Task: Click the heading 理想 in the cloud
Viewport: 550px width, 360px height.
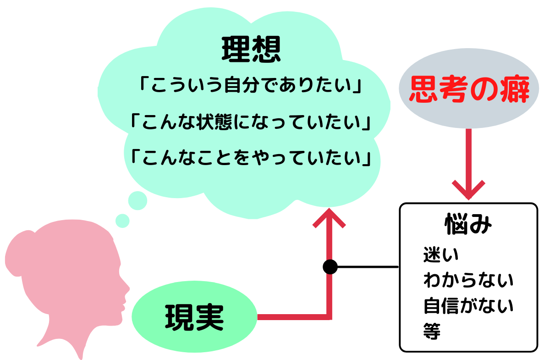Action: tap(251, 49)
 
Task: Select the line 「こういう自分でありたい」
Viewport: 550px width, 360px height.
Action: tap(251, 85)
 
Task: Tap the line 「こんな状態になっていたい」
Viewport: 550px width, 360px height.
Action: tap(251, 122)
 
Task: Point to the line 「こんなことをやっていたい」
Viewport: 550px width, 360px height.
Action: tap(251, 157)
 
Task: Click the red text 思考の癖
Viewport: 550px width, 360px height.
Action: tap(469, 89)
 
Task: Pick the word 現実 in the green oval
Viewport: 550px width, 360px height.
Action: tap(194, 317)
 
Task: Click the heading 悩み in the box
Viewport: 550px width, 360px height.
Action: tap(468, 224)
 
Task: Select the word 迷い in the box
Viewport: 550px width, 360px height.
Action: tap(441, 255)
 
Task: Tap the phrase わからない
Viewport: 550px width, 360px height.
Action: tap(468, 280)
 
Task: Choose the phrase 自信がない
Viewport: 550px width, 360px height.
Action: tap(468, 306)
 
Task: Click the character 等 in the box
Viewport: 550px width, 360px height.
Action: tap(432, 331)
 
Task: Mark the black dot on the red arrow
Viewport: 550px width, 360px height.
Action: tap(330, 267)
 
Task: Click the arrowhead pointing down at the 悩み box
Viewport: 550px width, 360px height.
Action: tap(468, 190)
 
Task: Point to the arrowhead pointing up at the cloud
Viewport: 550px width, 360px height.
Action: tap(329, 218)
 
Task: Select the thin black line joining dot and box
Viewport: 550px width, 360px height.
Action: tap(368, 267)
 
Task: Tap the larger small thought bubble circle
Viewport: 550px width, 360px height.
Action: tap(137, 201)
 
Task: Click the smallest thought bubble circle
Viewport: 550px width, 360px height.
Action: tap(122, 221)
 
